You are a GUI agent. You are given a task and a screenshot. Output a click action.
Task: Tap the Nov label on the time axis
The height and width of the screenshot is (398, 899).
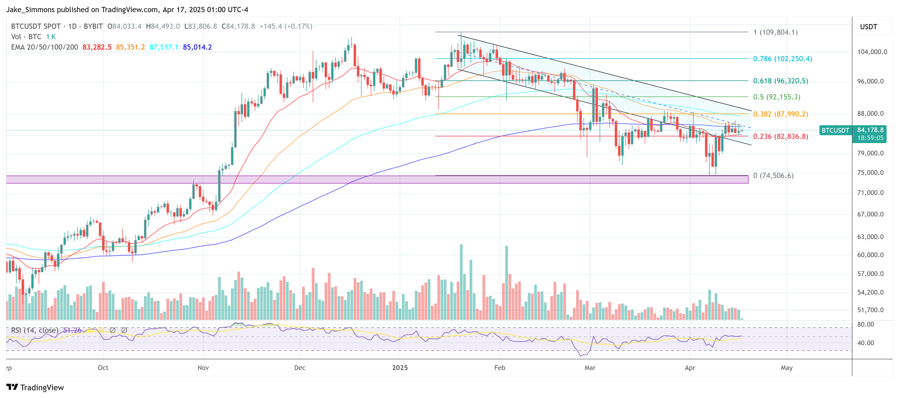[203, 368]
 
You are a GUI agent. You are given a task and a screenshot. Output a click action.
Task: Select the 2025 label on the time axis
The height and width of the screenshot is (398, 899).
[400, 368]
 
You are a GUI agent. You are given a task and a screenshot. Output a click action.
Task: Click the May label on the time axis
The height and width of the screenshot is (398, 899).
[787, 368]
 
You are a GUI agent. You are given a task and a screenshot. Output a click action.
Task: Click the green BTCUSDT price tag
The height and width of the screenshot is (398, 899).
[835, 130]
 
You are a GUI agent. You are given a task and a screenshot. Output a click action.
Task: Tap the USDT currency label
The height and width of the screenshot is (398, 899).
[868, 27]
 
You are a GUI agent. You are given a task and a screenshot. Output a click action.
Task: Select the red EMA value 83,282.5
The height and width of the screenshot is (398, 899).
[97, 47]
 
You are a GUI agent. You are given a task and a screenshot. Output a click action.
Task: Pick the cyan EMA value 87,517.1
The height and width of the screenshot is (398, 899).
[164, 47]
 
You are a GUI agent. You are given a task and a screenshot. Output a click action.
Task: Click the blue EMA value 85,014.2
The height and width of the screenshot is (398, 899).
[197, 47]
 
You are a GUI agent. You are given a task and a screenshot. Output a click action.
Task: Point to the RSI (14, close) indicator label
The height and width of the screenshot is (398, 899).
[34, 330]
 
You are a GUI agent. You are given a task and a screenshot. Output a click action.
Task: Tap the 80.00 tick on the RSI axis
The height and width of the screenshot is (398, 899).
[866, 324]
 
